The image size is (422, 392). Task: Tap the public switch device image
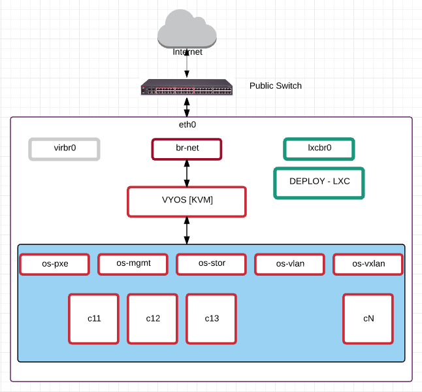(x=187, y=88)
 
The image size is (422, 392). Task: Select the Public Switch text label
(x=276, y=86)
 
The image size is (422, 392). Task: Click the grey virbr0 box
(x=64, y=149)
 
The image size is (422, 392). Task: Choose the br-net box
(x=187, y=149)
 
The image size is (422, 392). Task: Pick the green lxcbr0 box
(x=319, y=149)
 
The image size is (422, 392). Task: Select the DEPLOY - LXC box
(x=319, y=183)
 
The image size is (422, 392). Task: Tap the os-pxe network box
(x=54, y=265)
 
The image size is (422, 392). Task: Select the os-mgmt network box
(x=133, y=265)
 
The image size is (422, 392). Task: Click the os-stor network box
(x=211, y=265)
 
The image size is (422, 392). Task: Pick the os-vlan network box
(x=289, y=265)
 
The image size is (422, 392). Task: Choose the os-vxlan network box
(x=368, y=265)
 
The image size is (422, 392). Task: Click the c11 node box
(x=93, y=319)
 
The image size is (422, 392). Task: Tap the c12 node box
(x=152, y=319)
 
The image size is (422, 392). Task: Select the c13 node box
(x=211, y=319)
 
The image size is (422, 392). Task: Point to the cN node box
(x=368, y=319)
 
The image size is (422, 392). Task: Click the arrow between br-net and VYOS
(x=187, y=173)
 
